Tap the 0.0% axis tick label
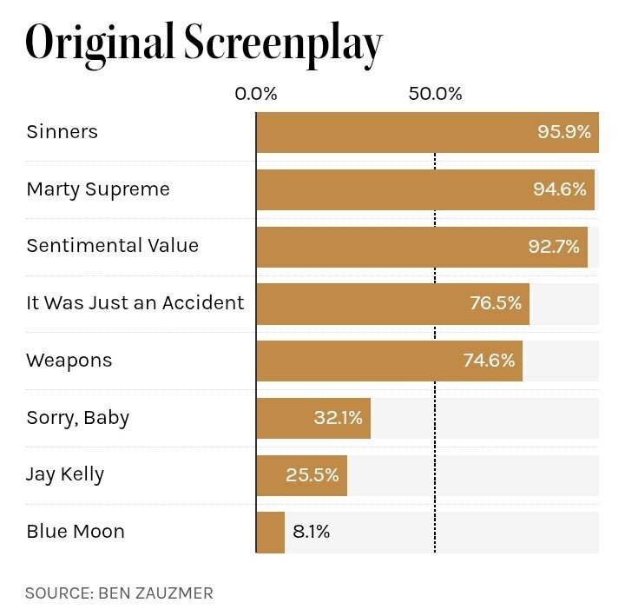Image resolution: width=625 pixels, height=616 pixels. pos(256,94)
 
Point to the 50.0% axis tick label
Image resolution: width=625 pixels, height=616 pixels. pos(435,94)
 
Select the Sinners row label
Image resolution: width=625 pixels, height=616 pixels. pos(62,132)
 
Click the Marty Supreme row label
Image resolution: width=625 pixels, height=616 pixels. pos(98,189)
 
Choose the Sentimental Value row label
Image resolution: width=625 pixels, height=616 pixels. pos(113,246)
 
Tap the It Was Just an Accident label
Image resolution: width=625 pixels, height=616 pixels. pos(135,303)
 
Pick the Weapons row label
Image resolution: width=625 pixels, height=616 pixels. pos(69,361)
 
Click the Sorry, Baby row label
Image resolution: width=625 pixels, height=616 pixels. pos(78,418)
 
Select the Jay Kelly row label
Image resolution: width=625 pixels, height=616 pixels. pos(65,474)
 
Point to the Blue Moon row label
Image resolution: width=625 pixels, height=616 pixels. pos(76,532)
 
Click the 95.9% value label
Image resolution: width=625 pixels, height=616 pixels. pos(564,132)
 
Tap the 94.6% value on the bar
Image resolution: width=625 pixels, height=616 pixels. pos(560,189)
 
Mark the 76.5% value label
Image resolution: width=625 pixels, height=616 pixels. pos(495,303)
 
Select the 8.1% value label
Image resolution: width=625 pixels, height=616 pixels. pos(312,532)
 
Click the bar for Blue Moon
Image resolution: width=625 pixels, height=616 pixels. pos(270,533)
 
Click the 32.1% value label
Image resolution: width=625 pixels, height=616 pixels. pos(338,418)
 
